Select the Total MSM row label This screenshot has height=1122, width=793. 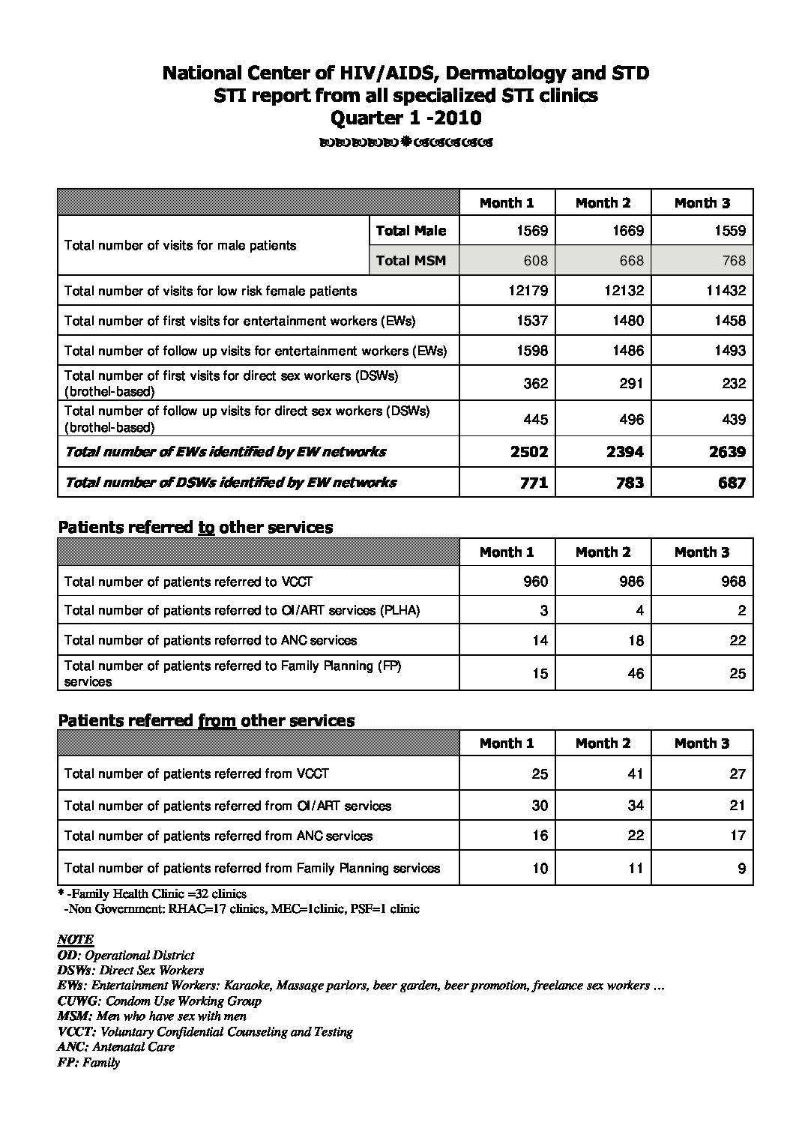click(x=411, y=261)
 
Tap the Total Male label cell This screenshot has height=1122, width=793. click(x=411, y=231)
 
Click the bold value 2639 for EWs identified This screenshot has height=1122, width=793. click(x=726, y=452)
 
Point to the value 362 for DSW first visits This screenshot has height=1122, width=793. click(x=535, y=383)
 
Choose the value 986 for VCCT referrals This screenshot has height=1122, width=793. click(x=631, y=582)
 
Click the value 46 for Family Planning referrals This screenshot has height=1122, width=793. click(x=635, y=673)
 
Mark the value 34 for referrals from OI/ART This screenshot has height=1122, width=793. click(x=635, y=806)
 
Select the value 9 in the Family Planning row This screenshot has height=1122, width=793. click(x=741, y=869)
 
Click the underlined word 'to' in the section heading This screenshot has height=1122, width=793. click(x=206, y=528)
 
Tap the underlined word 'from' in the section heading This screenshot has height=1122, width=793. click(x=217, y=721)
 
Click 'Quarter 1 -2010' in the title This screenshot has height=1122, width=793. click(x=405, y=118)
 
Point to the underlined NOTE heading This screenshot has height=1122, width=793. click(x=76, y=939)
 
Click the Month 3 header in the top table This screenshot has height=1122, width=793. click(x=702, y=203)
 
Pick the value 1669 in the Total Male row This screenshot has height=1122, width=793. click(x=627, y=231)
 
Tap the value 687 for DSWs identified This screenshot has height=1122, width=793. click(x=731, y=483)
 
